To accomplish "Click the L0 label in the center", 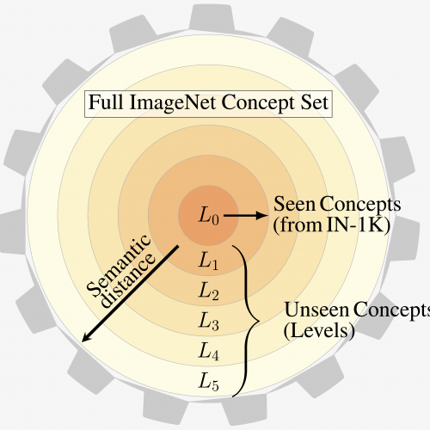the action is click(209, 216).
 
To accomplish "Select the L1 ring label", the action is click(208, 261).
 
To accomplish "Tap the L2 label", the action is click(209, 291).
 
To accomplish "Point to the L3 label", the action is click(209, 321).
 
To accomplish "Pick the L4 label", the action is click(209, 351).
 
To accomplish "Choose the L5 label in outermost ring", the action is click(209, 382).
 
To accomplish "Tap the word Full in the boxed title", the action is click(106, 102).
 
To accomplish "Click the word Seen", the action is click(294, 204).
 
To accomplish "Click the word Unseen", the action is click(316, 310).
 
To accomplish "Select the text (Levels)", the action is click(319, 331).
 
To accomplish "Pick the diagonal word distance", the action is click(129, 281).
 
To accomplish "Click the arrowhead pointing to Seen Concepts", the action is click(261, 216).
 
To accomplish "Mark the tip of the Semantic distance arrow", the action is click(83, 341).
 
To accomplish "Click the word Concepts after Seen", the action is click(360, 205).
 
